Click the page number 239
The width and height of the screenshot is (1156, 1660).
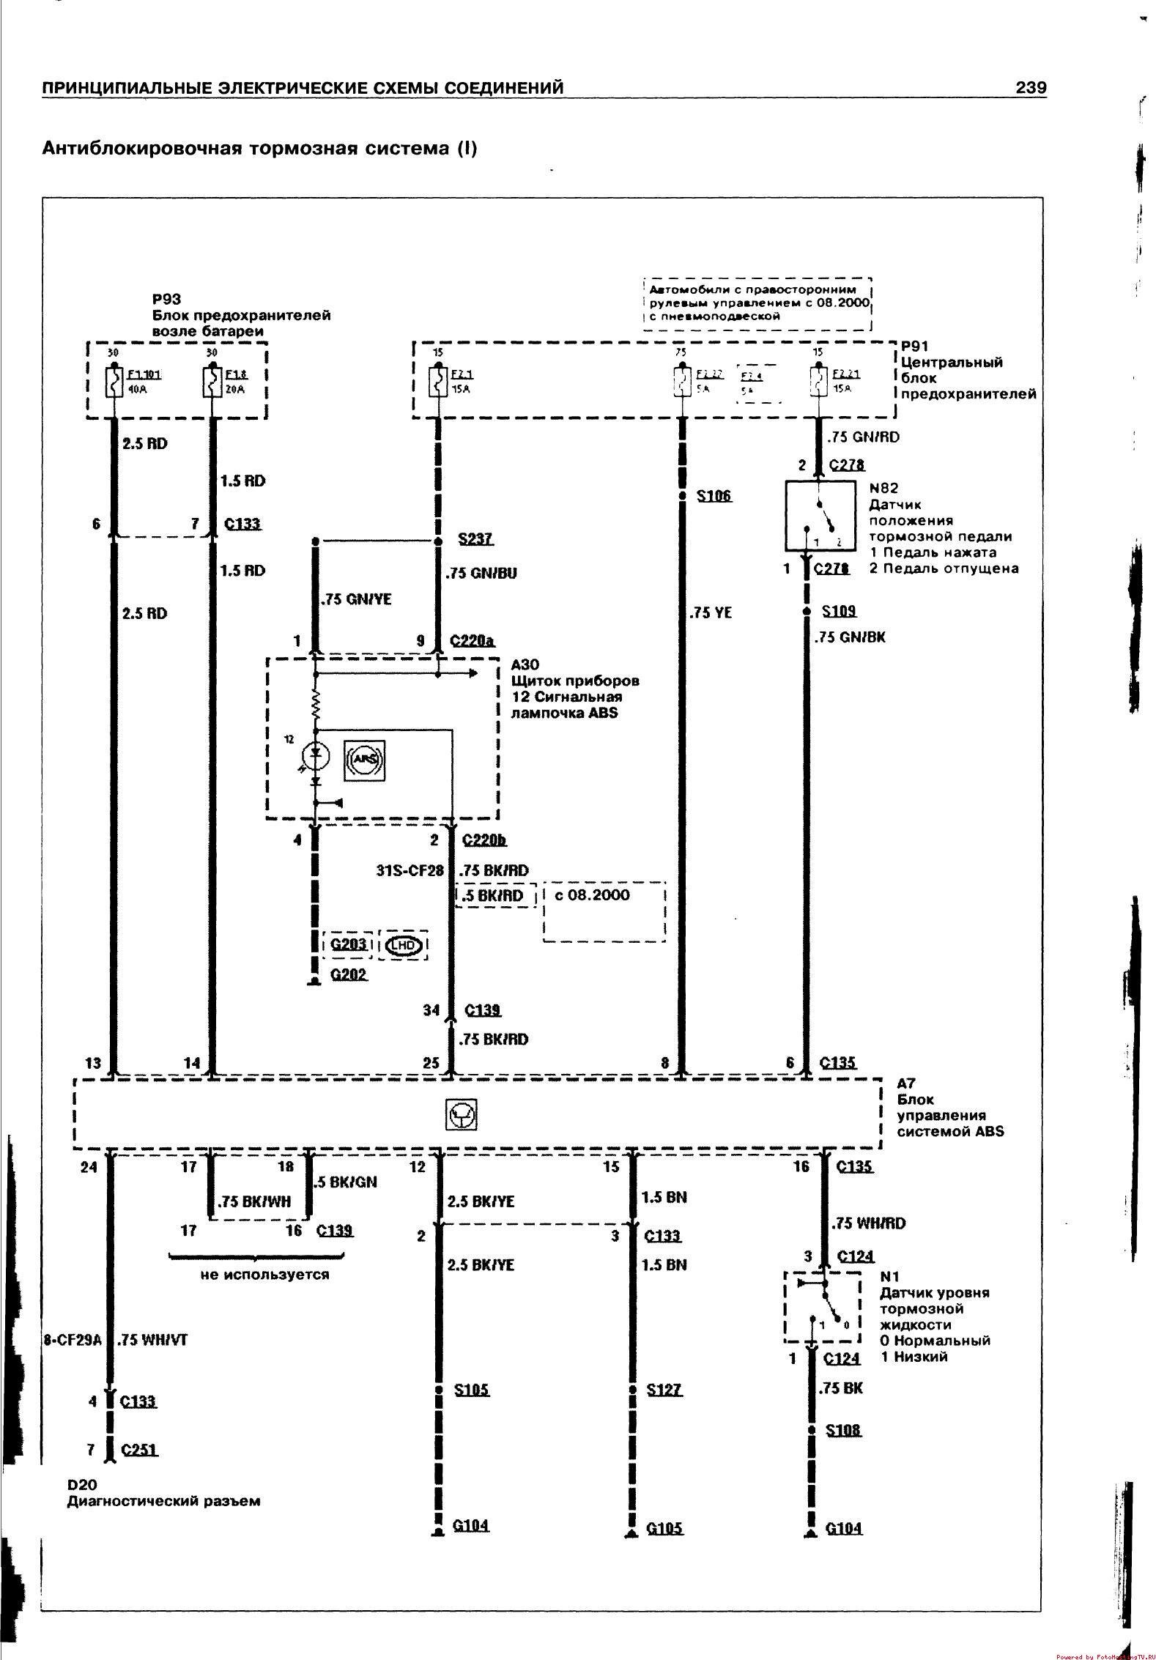point(1031,88)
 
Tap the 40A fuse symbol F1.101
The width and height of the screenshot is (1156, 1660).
point(114,382)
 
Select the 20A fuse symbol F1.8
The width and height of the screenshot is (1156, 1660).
point(212,382)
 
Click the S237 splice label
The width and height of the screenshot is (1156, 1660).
point(475,539)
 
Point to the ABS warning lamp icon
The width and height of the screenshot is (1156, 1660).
point(364,760)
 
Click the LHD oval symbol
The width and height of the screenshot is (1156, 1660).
point(404,945)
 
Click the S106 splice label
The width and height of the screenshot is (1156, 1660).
point(714,496)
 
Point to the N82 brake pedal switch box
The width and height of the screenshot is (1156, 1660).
point(820,516)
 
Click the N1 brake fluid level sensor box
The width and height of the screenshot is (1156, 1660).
point(822,1308)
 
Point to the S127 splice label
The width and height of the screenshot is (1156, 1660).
point(664,1390)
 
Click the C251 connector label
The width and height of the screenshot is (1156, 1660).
point(139,1450)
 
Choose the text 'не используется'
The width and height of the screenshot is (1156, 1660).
point(264,1275)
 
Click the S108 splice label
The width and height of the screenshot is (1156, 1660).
point(843,1430)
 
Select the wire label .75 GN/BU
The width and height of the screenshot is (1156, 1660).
point(481,573)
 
